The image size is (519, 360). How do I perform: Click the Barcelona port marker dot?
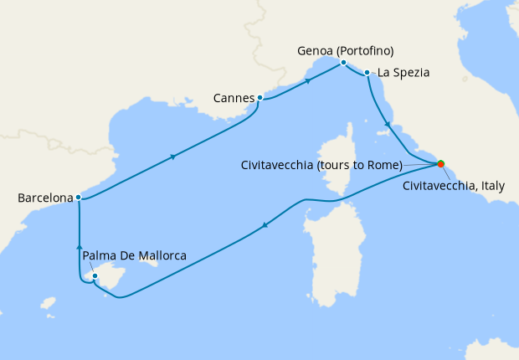(x=78, y=198)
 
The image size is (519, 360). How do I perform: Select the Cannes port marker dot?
(x=259, y=98)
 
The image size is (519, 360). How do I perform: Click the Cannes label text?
(x=234, y=99)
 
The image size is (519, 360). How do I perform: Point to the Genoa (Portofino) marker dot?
(x=343, y=63)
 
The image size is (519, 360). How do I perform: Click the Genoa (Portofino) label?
(x=346, y=50)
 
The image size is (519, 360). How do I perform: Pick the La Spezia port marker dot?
(x=367, y=73)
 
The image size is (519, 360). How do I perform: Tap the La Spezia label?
(x=403, y=73)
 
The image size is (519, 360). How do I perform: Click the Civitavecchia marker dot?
(x=440, y=164)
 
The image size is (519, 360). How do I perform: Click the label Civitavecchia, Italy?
(x=454, y=186)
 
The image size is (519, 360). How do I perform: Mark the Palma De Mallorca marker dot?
(x=95, y=275)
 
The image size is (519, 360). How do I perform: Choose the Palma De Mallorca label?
(x=135, y=255)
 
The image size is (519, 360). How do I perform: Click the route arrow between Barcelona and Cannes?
(x=172, y=157)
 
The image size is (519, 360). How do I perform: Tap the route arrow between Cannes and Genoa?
(x=309, y=81)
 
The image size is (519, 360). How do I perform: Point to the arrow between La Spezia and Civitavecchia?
(x=387, y=126)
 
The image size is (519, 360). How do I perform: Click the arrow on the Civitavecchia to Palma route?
(x=265, y=224)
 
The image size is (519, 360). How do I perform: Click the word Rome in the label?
(x=385, y=164)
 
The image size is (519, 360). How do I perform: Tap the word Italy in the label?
(x=491, y=186)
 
